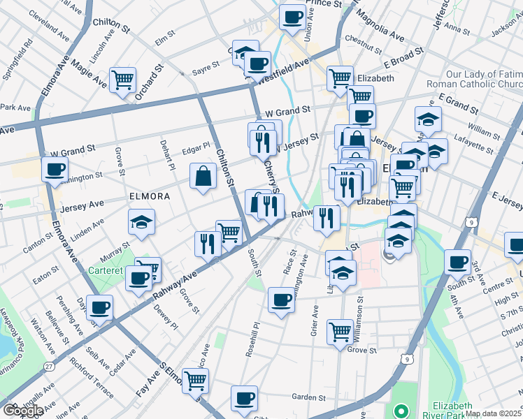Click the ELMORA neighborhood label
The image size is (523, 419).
tap(149, 196)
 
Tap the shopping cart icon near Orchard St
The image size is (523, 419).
tap(122, 80)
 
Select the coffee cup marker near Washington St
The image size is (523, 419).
tap(55, 168)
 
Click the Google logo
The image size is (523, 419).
tap(23, 411)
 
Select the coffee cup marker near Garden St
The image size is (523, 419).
tap(244, 398)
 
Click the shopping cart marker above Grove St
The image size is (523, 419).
tap(340, 331)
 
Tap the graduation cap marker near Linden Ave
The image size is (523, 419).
tap(142, 222)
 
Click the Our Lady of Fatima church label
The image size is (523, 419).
tap(483, 79)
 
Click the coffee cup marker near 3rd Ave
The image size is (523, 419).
tap(457, 262)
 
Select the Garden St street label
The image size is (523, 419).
tap(305, 397)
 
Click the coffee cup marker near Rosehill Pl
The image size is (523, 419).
tap(282, 300)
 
